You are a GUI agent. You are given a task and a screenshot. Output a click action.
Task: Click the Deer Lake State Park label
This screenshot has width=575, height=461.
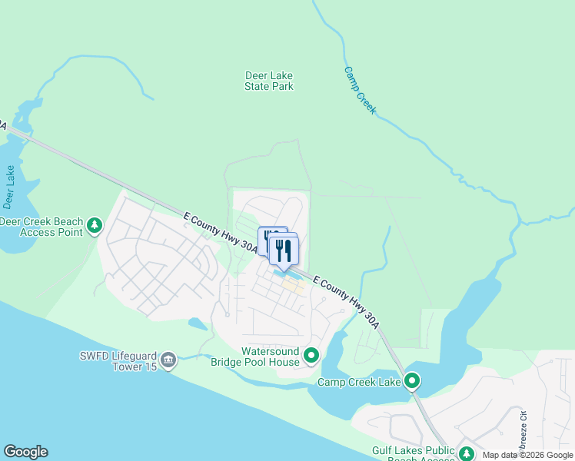click(269, 81)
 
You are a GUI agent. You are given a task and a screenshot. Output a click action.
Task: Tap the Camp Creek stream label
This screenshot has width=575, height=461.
click(360, 90)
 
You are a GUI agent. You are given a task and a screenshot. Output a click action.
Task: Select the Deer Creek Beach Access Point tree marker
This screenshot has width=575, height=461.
click(94, 226)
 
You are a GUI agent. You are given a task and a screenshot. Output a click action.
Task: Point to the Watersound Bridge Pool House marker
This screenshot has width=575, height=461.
click(311, 356)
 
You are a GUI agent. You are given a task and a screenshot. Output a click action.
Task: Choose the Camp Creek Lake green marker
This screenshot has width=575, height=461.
click(412, 380)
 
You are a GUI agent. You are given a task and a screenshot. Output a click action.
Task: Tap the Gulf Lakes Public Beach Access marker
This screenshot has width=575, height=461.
click(466, 454)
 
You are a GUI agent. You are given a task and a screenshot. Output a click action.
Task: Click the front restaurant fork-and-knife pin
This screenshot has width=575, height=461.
click(284, 250)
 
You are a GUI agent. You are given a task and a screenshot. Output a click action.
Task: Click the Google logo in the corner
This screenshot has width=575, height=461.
click(25, 452)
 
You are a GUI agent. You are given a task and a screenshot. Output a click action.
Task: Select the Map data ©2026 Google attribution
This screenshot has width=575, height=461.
click(527, 455)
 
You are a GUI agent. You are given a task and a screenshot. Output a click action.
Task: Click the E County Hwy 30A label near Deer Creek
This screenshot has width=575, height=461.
click(221, 234)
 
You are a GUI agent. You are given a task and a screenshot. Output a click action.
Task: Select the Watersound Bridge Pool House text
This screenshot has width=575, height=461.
click(258, 357)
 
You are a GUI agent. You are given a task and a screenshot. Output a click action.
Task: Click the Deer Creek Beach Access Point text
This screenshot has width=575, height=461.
click(41, 227)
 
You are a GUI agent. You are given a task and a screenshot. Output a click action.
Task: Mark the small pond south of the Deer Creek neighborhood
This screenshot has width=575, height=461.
click(198, 323)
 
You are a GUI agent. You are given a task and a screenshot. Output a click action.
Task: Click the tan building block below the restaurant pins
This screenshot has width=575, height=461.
click(292, 286)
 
